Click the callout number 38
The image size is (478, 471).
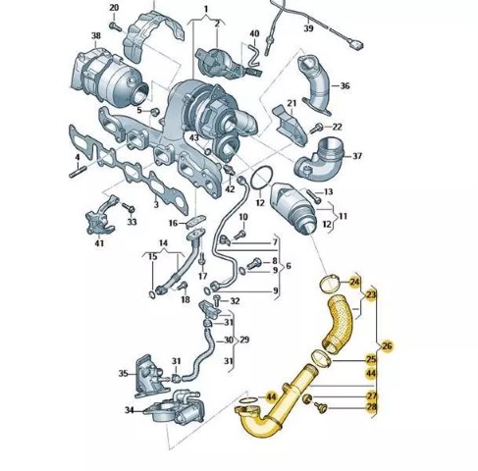96,35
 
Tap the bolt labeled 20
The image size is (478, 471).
116,26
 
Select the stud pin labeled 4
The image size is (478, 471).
78,172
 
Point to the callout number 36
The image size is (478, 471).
345,86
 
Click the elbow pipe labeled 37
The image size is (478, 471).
320,160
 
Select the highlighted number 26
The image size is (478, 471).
387,346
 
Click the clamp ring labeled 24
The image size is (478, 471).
330,284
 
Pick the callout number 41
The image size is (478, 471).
99,243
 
